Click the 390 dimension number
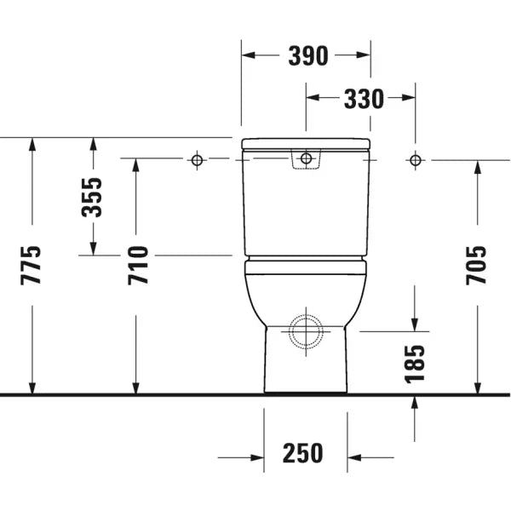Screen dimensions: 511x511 pos(308,55)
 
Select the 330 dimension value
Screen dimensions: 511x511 pos(364,99)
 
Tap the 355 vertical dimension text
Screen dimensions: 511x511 pos(92,198)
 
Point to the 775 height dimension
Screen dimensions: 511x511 pos(31,266)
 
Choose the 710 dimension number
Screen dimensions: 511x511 pos(138,266)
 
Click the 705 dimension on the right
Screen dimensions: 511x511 pos(476,266)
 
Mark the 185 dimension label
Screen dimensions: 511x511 pos(415,364)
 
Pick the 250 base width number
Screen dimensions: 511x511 pos(302,453)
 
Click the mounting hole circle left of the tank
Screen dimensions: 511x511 pos(197,160)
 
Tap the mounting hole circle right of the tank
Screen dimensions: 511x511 pos(416,160)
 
